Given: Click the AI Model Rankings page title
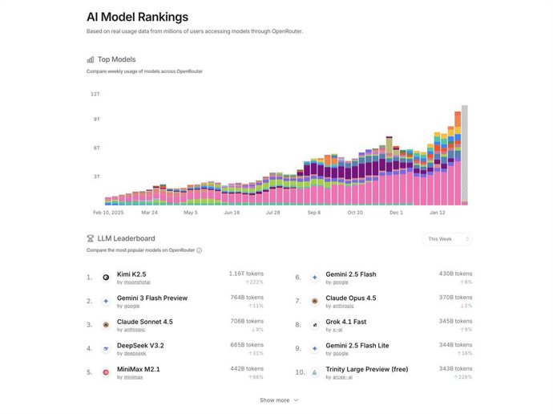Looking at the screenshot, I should [x=138, y=17].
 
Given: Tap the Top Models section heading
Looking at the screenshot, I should [x=117, y=59].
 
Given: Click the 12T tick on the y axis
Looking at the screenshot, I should [x=95, y=94].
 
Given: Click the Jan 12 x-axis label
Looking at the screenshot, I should [x=438, y=213].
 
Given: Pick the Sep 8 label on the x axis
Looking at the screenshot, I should [x=313, y=213].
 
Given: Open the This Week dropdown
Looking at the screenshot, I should [x=447, y=239].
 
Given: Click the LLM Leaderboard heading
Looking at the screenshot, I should [x=127, y=238].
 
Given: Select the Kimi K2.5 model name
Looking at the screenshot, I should [x=131, y=274].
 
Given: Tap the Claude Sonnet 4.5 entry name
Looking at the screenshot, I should [x=145, y=322].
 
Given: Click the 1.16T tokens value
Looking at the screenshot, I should [x=246, y=274].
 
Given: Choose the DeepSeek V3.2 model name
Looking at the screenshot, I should [x=141, y=346].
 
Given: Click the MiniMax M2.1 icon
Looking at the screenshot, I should [x=105, y=373].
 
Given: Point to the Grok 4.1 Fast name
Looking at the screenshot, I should [x=346, y=322].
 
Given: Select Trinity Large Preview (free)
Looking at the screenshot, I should [x=372, y=369].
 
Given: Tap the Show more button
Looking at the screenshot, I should [x=278, y=400].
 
